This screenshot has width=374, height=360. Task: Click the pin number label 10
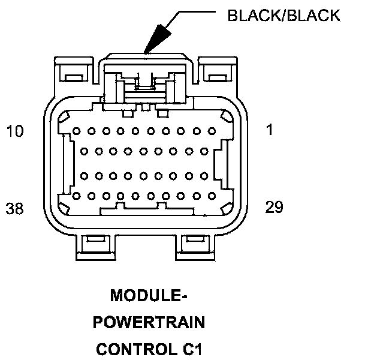point(15,130)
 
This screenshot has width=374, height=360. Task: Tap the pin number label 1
point(270,129)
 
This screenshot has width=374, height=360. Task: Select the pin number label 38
point(15,208)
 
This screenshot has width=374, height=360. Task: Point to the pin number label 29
point(275,207)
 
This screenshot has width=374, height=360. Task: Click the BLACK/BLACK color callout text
point(283,15)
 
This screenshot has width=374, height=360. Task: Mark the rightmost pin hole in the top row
point(212,130)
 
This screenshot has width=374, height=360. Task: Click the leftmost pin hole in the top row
point(76,130)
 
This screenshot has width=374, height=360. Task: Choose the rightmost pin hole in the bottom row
point(212,195)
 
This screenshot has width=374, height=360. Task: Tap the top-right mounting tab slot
point(214,77)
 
